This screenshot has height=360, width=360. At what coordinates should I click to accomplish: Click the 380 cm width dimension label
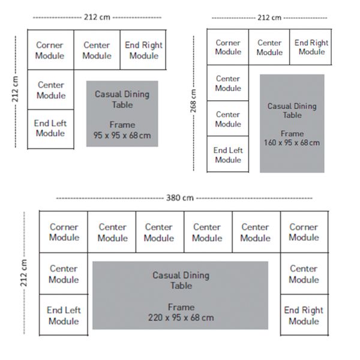pyautogui.click(x=180, y=197)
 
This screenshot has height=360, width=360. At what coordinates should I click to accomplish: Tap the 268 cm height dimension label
pyautogui.click(x=193, y=101)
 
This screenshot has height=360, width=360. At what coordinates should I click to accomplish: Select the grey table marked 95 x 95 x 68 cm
pyautogui.click(x=122, y=113)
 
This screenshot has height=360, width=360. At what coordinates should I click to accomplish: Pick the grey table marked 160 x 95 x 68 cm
pyautogui.click(x=292, y=123)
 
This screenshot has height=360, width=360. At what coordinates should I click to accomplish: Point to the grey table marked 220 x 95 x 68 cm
pyautogui.click(x=180, y=295)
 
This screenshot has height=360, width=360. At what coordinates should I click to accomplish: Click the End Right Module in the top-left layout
pyautogui.click(x=143, y=50)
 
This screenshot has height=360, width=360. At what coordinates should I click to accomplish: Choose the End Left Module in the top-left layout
pyautogui.click(x=50, y=129)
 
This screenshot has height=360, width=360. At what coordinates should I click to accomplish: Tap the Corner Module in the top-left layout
pyautogui.click(x=50, y=50)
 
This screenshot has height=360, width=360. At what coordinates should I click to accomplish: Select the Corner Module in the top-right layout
pyautogui.click(x=228, y=47)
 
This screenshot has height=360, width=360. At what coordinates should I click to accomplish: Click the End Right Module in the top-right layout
pyautogui.click(x=311, y=47)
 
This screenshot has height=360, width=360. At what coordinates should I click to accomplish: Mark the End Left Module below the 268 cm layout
pyautogui.click(x=228, y=154)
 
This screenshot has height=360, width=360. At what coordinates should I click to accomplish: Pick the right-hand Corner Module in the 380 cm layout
pyautogui.click(x=304, y=232)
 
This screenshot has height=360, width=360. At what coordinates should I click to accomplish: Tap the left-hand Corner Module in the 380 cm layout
pyautogui.click(x=64, y=232)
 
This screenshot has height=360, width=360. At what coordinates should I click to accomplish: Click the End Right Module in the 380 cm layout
pyautogui.click(x=304, y=315)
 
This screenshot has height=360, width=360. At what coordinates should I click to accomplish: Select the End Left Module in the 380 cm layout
pyautogui.click(x=64, y=315)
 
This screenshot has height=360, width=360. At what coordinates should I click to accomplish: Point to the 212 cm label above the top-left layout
pyautogui.click(x=97, y=17)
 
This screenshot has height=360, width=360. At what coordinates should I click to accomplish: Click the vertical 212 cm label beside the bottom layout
pyautogui.click(x=23, y=273)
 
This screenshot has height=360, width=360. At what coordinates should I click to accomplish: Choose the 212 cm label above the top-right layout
pyautogui.click(x=269, y=17)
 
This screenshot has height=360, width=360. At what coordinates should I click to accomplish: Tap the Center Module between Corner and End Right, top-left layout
pyautogui.click(x=97, y=50)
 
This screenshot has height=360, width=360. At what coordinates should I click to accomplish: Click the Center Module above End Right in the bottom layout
pyautogui.click(x=304, y=274)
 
